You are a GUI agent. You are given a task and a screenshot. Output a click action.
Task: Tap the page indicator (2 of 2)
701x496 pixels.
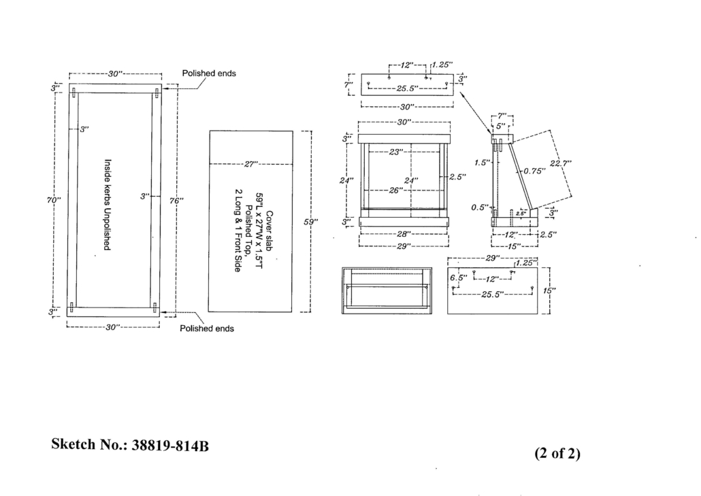pyautogui.click(x=557, y=453)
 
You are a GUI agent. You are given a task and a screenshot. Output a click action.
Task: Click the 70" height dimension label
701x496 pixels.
pyautogui.click(x=54, y=200)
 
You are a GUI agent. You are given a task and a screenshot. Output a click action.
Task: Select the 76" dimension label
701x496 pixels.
pyautogui.click(x=176, y=201)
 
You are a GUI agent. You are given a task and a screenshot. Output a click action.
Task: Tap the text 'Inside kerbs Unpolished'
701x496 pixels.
pyautogui.click(x=107, y=204)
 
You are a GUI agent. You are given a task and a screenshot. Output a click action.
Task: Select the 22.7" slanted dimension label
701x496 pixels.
pyautogui.click(x=560, y=163)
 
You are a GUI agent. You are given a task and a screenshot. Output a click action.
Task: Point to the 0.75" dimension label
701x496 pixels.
pyautogui.click(x=535, y=171)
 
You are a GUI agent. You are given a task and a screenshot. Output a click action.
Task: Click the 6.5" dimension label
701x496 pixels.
pyautogui.click(x=458, y=278)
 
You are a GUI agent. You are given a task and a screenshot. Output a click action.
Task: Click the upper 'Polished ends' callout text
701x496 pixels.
pyautogui.click(x=208, y=73)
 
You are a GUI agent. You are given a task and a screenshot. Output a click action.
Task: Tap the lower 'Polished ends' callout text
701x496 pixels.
pyautogui.click(x=207, y=329)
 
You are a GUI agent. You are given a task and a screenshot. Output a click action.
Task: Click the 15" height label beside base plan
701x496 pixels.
pyautogui.click(x=551, y=290)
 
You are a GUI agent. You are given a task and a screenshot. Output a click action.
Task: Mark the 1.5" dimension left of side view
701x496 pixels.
pyautogui.click(x=481, y=163)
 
